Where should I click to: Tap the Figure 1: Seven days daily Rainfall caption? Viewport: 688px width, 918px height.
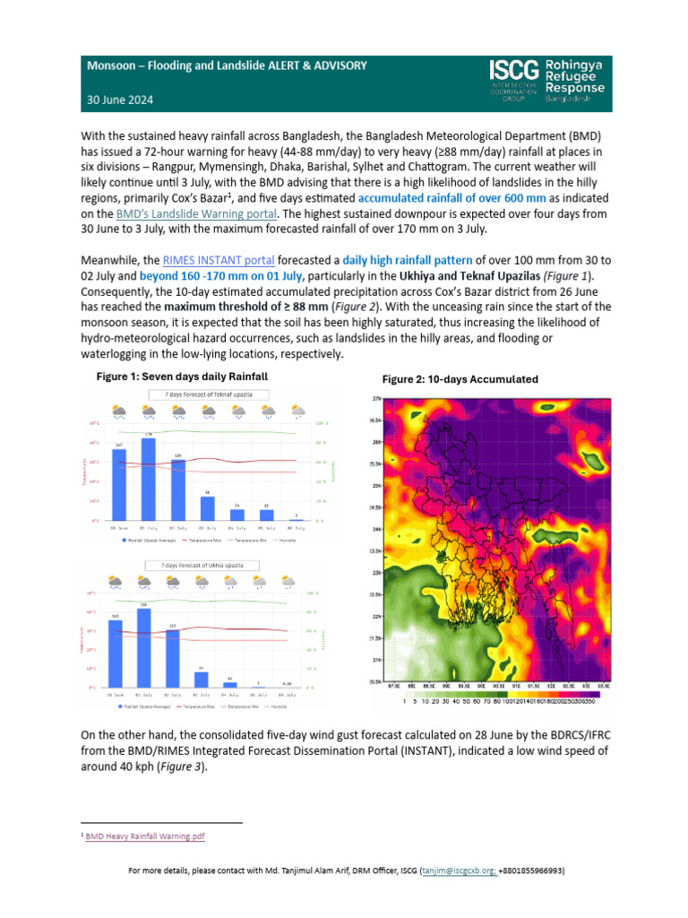(x=182, y=377)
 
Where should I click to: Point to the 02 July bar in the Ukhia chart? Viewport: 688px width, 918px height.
(x=173, y=658)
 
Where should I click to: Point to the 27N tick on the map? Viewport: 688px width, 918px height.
(x=376, y=397)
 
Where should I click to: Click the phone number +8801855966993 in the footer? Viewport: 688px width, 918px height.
(x=532, y=870)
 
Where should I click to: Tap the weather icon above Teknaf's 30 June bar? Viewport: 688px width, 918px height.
(x=119, y=411)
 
